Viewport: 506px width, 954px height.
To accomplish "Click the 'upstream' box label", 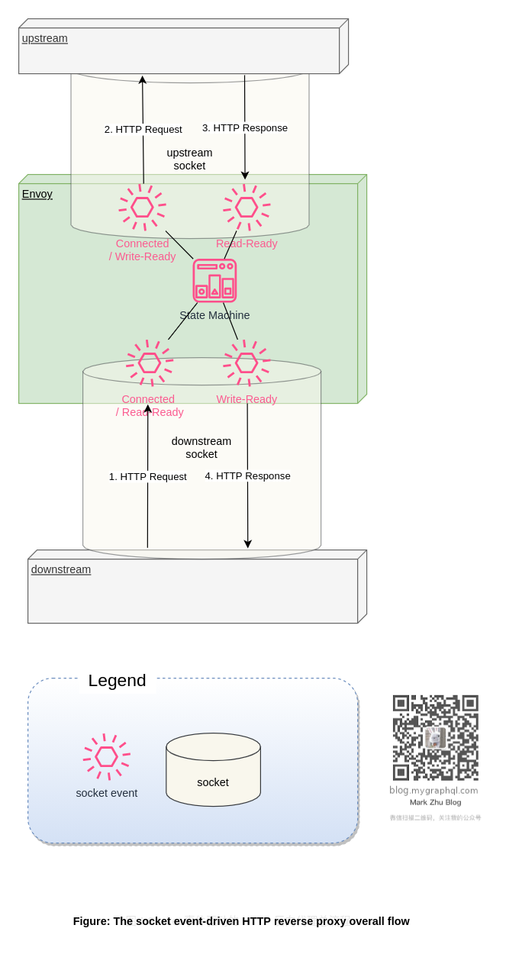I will click(44, 38).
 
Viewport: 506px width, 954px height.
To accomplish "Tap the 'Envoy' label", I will click(37, 194).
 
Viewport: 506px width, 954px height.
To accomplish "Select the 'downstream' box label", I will click(60, 569).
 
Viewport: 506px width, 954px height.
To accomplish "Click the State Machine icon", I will click(214, 281).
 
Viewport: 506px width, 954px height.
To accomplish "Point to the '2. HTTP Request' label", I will click(143, 129).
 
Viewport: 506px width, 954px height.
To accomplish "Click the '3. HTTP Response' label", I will click(244, 127).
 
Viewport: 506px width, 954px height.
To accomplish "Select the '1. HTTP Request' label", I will click(147, 476).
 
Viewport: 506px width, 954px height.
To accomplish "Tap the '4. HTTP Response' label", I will click(247, 475).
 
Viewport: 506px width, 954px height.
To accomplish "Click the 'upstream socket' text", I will click(189, 159).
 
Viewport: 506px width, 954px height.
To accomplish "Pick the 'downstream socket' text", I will click(201, 447).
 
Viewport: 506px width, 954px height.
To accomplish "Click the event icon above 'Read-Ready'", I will click(247, 207).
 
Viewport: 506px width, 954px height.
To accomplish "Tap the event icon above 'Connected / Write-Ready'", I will click(142, 207).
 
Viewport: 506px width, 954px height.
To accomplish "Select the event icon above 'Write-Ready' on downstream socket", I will click(247, 363).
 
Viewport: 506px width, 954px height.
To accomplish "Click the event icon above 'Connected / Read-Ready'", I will click(150, 363).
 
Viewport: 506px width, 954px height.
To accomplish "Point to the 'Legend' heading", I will click(117, 680).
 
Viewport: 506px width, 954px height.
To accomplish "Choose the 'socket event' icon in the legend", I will click(107, 756).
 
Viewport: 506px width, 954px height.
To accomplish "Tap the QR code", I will click(435, 737).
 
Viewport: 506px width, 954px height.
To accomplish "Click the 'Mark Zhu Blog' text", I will click(435, 802).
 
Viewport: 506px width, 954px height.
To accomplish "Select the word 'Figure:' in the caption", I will click(92, 921).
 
